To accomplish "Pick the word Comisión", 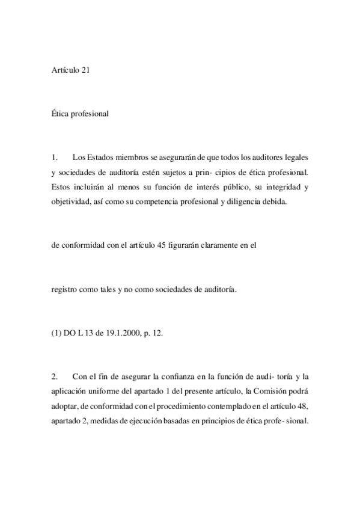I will point(254,392).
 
